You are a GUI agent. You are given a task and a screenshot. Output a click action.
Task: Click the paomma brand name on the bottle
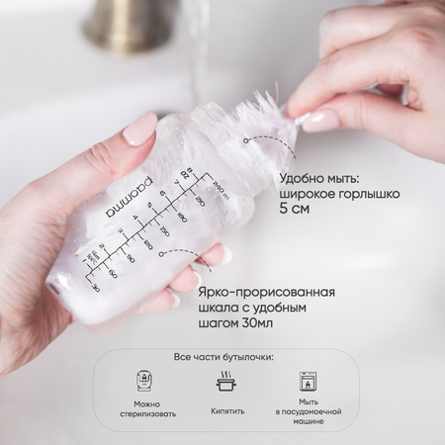130,198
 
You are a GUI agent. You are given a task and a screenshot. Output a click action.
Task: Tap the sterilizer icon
145,381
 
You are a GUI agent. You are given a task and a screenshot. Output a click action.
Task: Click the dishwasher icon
308,381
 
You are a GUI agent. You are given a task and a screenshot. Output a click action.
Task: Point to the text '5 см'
295,209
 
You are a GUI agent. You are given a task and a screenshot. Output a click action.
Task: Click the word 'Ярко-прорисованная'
266,293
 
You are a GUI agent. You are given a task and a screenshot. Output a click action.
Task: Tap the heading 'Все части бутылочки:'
223,357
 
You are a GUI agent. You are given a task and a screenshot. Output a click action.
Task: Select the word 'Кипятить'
227,411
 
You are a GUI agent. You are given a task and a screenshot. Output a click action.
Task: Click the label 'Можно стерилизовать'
147,409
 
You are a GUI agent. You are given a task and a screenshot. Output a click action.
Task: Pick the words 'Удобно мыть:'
319,179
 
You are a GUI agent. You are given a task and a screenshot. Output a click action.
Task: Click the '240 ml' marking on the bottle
221,190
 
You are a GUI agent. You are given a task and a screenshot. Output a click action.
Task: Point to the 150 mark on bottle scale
164,229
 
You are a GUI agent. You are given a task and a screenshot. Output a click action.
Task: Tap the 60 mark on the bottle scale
113,273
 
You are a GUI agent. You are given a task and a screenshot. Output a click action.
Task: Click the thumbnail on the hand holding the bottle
139,129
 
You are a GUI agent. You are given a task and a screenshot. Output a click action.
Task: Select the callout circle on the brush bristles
245,140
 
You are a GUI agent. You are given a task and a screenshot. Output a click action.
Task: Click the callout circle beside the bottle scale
161,254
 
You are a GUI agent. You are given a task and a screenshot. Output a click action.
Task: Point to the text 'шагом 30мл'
235,323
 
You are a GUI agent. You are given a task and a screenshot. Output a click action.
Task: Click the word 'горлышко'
370,195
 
